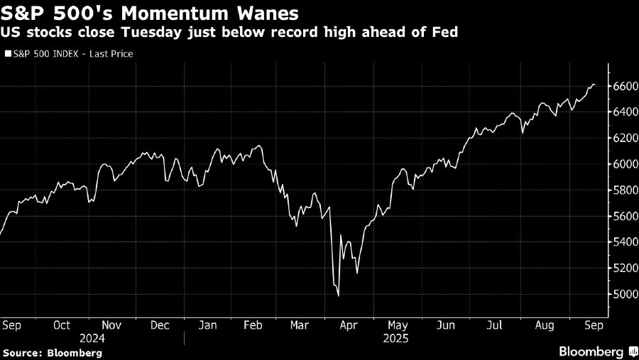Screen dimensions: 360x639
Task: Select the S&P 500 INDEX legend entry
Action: point(70,53)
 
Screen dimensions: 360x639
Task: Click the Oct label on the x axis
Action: point(62,325)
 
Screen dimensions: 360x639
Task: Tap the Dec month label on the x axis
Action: point(160,325)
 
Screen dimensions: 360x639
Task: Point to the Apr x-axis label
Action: point(349,325)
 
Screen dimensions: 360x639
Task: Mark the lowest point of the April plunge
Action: point(338,296)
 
